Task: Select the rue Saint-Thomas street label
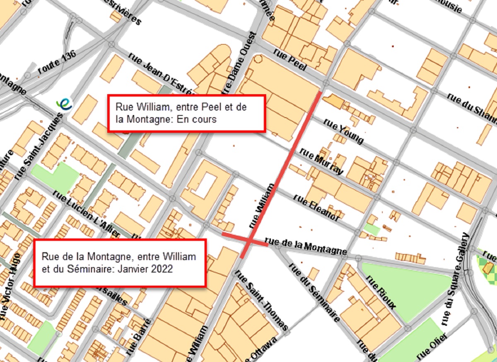[261, 300]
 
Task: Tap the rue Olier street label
[432, 347]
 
